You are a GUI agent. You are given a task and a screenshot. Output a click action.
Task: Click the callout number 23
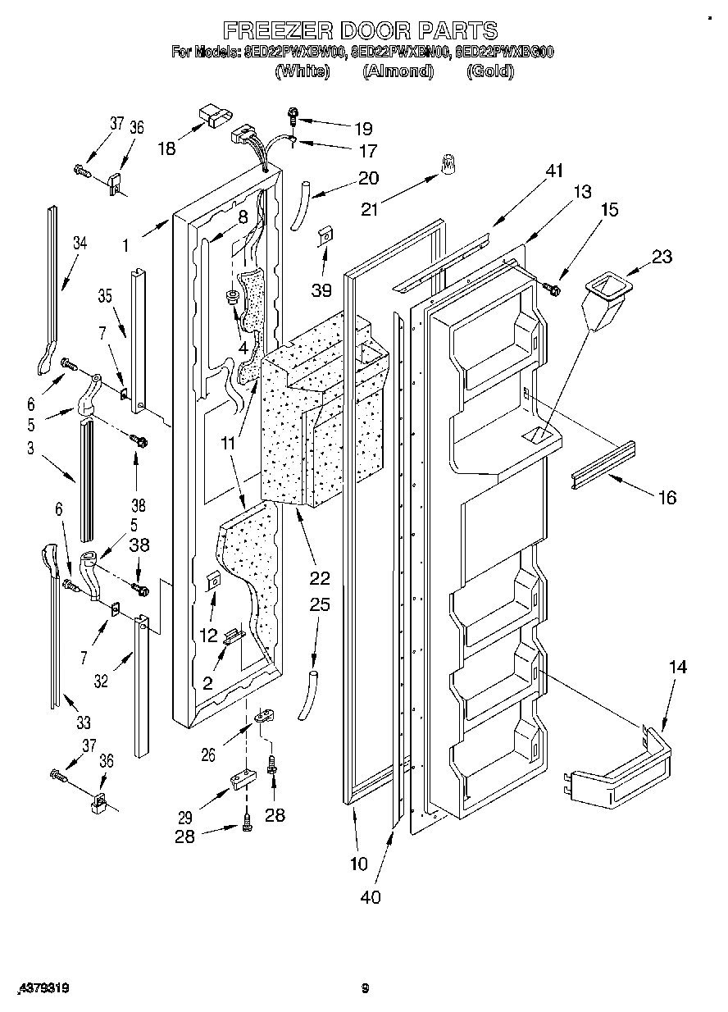(662, 257)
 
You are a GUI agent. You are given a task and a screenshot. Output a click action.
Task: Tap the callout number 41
(556, 171)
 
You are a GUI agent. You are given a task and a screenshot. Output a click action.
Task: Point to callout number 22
(320, 577)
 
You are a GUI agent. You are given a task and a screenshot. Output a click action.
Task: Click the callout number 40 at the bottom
(371, 897)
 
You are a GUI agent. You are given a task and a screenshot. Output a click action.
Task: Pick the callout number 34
(79, 243)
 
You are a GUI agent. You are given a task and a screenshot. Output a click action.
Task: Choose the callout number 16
(667, 497)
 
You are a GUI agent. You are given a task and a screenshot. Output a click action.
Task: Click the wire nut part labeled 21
(448, 165)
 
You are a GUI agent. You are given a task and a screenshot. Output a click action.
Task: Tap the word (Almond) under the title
(398, 71)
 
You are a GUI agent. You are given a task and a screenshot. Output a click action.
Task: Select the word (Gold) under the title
(489, 71)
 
